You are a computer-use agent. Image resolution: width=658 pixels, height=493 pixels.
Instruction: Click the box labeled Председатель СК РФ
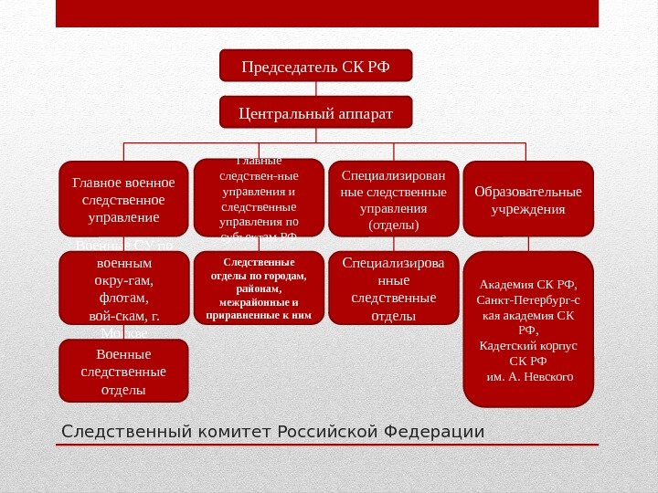(316, 66)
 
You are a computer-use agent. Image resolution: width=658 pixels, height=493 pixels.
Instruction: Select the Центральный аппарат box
(316, 112)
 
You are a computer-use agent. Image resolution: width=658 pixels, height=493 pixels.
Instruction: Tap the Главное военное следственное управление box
(123, 198)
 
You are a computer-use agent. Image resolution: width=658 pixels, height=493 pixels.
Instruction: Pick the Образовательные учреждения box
(528, 199)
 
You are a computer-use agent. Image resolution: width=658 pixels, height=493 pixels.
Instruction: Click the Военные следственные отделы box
(123, 371)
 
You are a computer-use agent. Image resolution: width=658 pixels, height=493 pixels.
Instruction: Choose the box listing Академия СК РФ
(528, 329)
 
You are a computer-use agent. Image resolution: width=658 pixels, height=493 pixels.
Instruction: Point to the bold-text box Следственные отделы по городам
(260, 288)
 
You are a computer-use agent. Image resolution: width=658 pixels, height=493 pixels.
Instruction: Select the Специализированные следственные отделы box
(394, 288)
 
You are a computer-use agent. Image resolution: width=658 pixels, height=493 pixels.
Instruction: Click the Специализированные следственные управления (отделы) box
(394, 198)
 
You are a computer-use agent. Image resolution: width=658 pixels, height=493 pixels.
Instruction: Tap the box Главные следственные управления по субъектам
(260, 198)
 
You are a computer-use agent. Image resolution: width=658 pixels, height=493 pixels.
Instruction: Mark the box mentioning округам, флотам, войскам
(123, 288)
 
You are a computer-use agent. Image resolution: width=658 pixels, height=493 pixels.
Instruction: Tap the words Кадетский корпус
(528, 346)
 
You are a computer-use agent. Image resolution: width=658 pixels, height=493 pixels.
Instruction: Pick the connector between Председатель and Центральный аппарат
(316, 89)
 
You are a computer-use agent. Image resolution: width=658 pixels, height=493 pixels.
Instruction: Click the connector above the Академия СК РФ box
(528, 244)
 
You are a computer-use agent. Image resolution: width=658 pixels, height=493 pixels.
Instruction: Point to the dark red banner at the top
(327, 13)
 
